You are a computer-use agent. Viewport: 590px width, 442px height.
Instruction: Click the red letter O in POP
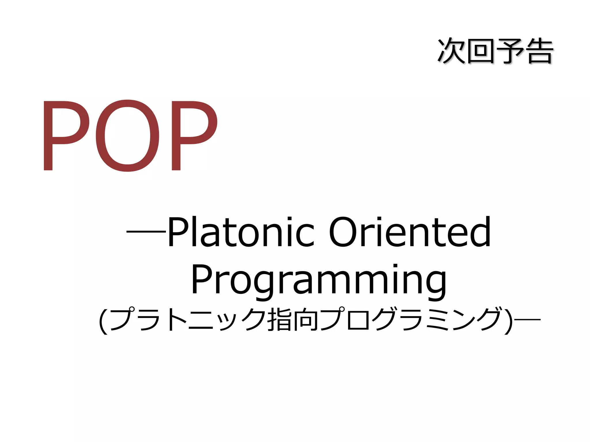127,136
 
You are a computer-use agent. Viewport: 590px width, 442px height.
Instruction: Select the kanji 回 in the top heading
481,51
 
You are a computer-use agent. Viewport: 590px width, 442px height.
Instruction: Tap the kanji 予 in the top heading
510,51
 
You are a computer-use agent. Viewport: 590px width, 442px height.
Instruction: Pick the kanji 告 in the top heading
539,51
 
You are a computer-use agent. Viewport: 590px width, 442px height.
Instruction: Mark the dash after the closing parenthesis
527,319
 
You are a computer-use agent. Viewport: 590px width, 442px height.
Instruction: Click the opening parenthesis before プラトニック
103,321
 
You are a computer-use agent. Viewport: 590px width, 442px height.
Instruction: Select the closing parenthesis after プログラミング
509,321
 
